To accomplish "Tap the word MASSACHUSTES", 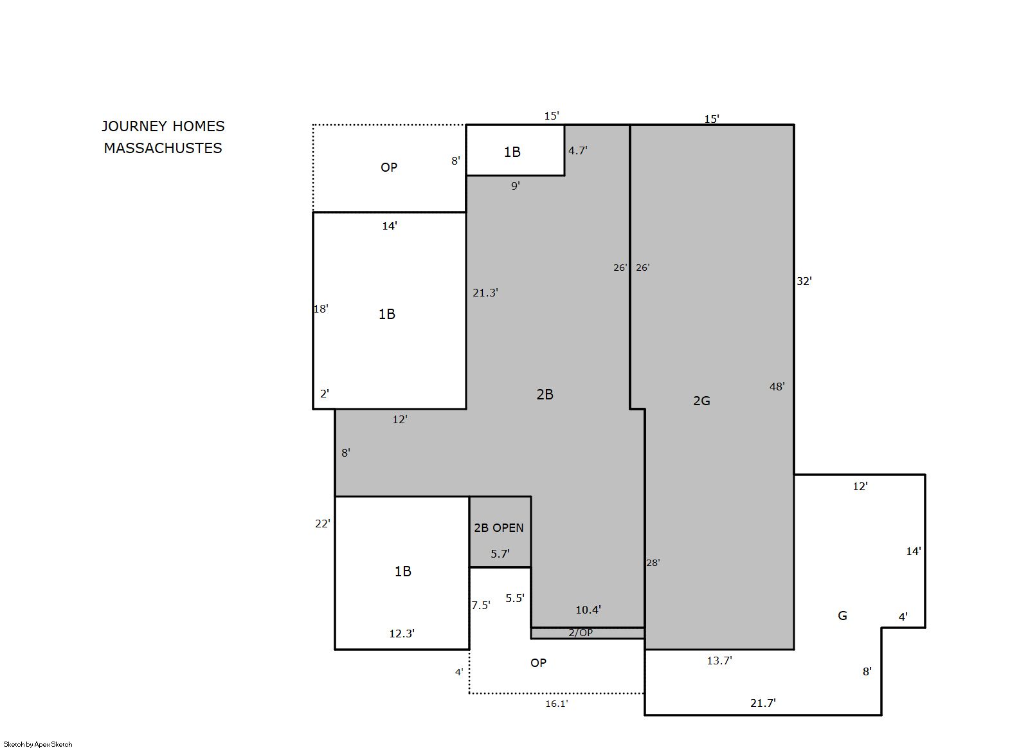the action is click(163, 148).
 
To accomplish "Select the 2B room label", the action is click(545, 394).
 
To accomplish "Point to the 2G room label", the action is click(701, 401).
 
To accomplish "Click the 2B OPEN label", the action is click(499, 528).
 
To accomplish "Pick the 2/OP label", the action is click(581, 632).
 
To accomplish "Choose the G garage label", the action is click(842, 616).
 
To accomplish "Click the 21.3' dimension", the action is click(485, 293).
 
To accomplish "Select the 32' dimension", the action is click(804, 281).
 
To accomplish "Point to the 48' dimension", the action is click(777, 387).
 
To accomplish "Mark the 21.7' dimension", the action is click(763, 703).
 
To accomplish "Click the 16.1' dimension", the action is click(557, 704).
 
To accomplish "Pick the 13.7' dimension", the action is click(719, 661).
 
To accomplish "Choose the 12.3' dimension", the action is click(402, 634).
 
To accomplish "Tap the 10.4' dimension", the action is click(588, 610).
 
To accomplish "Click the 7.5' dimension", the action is click(481, 605).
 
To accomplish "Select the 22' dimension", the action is click(323, 524).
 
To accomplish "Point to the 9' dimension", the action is click(516, 186).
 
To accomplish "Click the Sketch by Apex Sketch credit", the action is click(38, 744).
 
